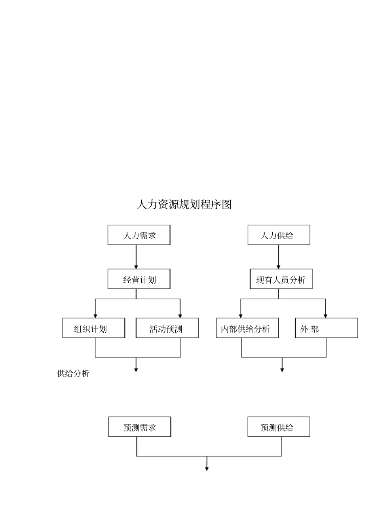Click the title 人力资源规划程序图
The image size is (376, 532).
[184, 204]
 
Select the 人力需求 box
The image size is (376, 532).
[139, 235]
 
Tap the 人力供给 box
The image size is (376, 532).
[279, 235]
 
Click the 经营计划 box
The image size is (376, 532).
[139, 279]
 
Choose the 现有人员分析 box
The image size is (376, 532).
[281, 279]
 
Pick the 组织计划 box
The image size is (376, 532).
[93, 328]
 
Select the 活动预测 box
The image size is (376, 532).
[167, 328]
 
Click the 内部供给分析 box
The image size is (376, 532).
[247, 328]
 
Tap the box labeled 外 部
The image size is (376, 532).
[326, 328]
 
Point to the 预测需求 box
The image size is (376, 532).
[140, 427]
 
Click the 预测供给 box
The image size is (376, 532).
[279, 427]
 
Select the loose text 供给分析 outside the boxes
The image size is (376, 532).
[73, 373]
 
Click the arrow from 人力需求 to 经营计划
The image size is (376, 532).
[136, 257]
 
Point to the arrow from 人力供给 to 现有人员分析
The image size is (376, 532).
[278, 257]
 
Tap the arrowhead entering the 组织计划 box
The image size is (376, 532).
[95, 316]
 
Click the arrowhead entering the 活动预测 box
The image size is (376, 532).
[180, 316]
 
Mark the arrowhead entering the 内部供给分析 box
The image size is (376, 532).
[241, 316]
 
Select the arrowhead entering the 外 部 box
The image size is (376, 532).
[326, 316]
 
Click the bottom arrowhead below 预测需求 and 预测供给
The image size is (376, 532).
[207, 469]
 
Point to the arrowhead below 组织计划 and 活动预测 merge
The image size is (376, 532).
[136, 370]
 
